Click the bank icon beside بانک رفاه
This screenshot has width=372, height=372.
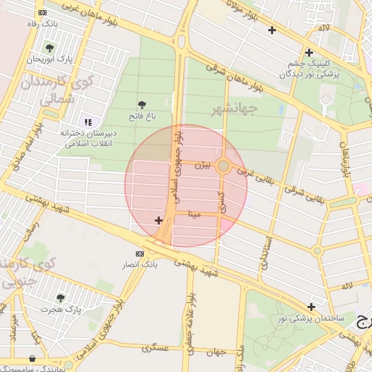(x=43, y=12)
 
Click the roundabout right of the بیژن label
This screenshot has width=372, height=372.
(x=224, y=166)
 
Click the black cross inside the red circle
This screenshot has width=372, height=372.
(x=159, y=219)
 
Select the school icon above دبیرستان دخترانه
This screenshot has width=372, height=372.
(x=88, y=122)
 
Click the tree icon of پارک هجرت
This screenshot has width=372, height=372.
(x=60, y=298)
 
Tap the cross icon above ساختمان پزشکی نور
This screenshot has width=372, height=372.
(x=312, y=306)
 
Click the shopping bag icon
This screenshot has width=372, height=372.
(x=33, y=358)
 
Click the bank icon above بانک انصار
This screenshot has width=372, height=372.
(x=139, y=253)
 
